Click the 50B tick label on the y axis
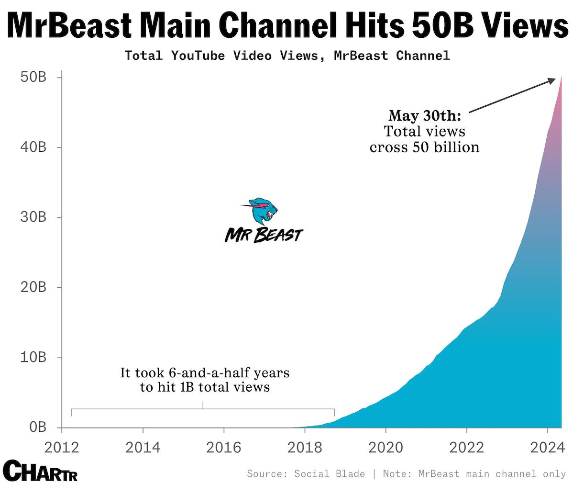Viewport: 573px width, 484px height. click(x=33, y=77)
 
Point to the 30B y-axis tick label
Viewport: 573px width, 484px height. click(x=33, y=217)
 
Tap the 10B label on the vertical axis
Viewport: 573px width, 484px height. click(x=33, y=358)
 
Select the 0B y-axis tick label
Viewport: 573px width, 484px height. click(x=36, y=427)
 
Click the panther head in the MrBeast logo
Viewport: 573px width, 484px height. click(x=263, y=211)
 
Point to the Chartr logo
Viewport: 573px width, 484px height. click(x=40, y=471)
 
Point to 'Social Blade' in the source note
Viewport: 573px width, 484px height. click(x=330, y=474)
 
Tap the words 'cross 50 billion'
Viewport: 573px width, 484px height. click(x=425, y=147)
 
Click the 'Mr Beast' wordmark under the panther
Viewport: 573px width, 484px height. click(x=264, y=235)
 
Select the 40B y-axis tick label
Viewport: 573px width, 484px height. click(x=33, y=147)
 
